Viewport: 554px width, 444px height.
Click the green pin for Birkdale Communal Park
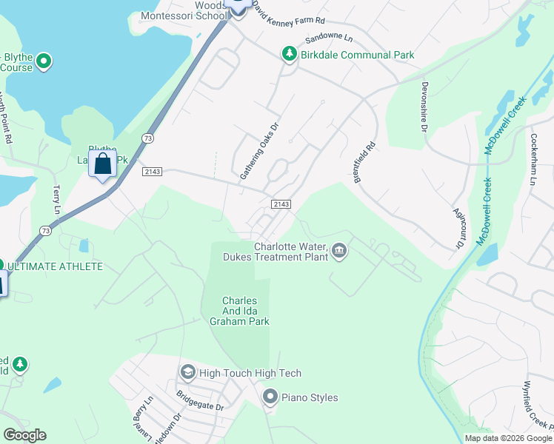click(x=288, y=55)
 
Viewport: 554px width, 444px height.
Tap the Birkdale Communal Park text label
click(x=357, y=55)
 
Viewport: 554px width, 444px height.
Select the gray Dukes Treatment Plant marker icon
click(x=339, y=252)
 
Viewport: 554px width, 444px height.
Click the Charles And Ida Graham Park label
click(x=239, y=311)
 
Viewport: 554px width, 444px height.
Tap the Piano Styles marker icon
click(x=270, y=397)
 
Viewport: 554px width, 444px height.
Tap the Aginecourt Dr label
click(x=459, y=227)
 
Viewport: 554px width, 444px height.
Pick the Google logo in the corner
click(x=24, y=435)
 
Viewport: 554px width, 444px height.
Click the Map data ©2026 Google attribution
click(x=508, y=438)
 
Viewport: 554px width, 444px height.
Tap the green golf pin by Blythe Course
click(x=44, y=61)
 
